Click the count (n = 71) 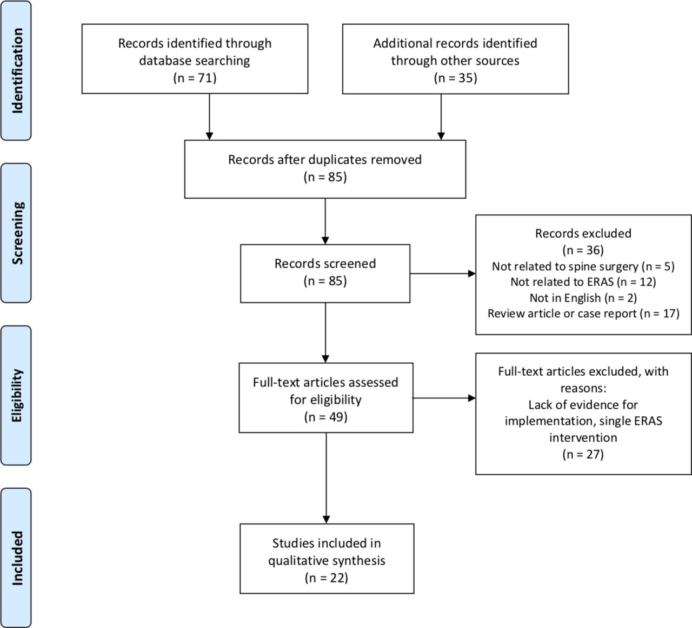tap(195, 78)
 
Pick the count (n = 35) tap(455, 78)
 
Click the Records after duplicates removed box tap(325, 169)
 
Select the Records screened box tap(325, 273)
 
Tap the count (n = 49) tap(325, 417)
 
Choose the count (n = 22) tap(327, 578)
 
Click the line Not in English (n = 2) tap(583, 298)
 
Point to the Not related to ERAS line tap(583, 282)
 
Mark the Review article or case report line tap(583, 313)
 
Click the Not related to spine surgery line tap(583, 266)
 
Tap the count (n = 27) tap(583, 454)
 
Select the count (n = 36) tap(583, 250)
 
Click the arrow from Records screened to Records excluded tap(443, 273)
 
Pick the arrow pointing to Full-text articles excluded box tap(444, 398)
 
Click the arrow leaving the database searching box tap(209, 117)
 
